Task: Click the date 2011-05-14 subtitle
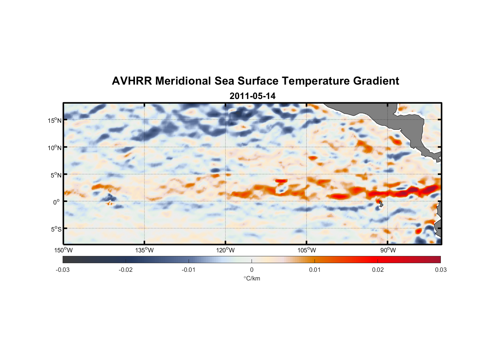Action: [x=252, y=96]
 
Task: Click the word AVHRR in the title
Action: [x=131, y=81]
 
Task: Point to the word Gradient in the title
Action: [x=376, y=81]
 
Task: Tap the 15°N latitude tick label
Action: [x=55, y=120]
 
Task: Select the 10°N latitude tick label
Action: [x=55, y=148]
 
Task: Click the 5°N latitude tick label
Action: [x=56, y=175]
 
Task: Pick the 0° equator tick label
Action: [x=57, y=202]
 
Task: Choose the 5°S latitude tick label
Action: [x=56, y=229]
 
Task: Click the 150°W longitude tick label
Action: [x=64, y=250]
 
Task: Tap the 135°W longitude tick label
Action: [x=145, y=250]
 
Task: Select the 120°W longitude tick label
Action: [x=226, y=250]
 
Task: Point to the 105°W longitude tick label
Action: [x=307, y=250]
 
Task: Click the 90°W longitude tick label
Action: [x=388, y=250]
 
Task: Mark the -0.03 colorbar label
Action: [x=63, y=270]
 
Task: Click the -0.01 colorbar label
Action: [x=189, y=270]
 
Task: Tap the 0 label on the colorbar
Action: [x=252, y=270]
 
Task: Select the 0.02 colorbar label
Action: [x=378, y=270]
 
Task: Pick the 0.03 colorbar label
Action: [x=440, y=270]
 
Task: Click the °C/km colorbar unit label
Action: [x=252, y=278]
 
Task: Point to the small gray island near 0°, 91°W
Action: [x=381, y=204]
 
